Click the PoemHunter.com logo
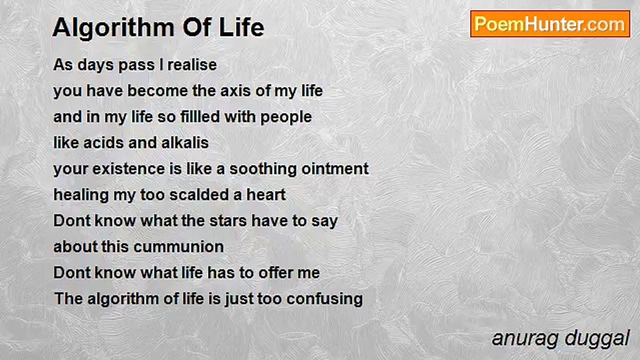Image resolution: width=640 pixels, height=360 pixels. coord(550,24)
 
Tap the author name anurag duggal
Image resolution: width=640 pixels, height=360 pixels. coord(560,338)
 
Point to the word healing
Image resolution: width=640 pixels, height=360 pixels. coord(81,195)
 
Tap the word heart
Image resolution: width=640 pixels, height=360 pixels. coord(266,195)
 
